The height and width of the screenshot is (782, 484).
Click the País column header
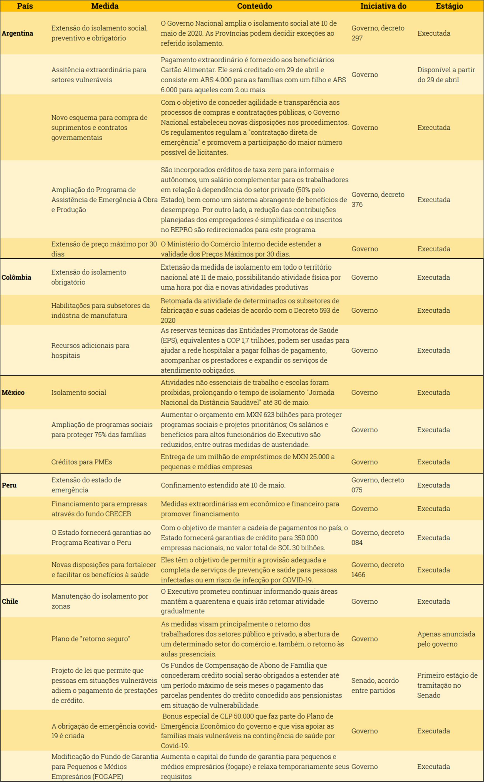(25, 6)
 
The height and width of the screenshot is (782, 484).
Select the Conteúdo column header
(254, 6)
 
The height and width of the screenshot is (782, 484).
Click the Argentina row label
(17, 33)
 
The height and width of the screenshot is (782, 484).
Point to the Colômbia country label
(16, 277)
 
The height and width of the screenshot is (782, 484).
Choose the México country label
(13, 392)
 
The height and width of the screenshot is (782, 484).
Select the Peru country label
(9, 485)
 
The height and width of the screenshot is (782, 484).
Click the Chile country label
(10, 601)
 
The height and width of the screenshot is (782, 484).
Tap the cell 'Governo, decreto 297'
(378, 33)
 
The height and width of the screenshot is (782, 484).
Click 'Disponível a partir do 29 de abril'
(446, 75)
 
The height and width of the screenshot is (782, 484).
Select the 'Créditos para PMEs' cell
(82, 462)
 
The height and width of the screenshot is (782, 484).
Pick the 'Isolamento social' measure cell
(79, 392)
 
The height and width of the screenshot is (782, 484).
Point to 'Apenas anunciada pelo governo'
(446, 639)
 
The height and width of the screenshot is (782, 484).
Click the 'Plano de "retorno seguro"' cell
(91, 638)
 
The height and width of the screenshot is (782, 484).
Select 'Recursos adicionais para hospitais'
(90, 350)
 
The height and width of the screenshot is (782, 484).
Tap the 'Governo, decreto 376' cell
(378, 199)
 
